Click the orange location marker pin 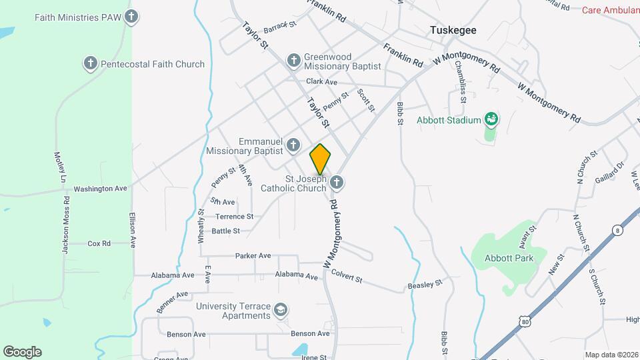(321, 159)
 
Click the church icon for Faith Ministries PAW (132, 17)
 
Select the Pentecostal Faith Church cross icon (91, 64)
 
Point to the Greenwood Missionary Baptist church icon (293, 61)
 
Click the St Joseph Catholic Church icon (337, 182)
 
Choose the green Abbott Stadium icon (492, 120)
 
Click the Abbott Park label (509, 258)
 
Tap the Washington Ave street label (100, 189)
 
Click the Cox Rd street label (99, 243)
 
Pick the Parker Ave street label (253, 255)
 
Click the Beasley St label (425, 285)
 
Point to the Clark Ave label (321, 81)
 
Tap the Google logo (22, 351)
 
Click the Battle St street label (225, 231)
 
